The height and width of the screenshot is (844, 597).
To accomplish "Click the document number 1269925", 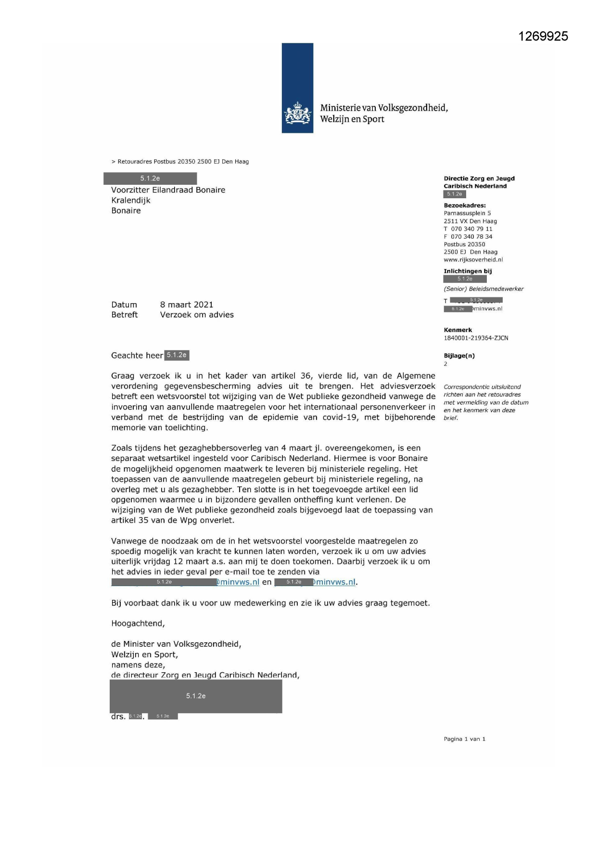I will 543,37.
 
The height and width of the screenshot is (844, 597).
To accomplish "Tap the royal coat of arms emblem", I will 298,114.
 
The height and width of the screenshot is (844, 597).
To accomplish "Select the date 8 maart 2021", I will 186,305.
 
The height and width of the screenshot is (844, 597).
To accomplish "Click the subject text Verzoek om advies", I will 197,315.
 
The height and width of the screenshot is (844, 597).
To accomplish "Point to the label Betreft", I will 124,315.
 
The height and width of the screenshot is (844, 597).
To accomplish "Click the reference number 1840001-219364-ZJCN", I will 476,338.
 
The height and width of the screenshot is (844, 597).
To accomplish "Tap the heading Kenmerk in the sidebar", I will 457,330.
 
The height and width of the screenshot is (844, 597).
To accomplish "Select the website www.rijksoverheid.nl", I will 473,260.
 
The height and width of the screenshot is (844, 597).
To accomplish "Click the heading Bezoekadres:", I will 464,205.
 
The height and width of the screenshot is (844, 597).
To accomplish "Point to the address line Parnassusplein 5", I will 467,213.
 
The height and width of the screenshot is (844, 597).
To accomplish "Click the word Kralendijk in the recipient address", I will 131,200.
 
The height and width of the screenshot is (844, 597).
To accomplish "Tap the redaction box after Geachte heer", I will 177,355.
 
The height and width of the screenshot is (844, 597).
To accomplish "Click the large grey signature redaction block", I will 196,696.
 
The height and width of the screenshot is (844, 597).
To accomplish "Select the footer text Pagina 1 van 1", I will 464,739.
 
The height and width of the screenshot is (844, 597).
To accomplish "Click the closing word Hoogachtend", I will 138,624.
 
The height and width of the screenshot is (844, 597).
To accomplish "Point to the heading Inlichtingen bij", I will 468,271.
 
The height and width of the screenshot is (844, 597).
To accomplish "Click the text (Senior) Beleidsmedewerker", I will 483,289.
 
